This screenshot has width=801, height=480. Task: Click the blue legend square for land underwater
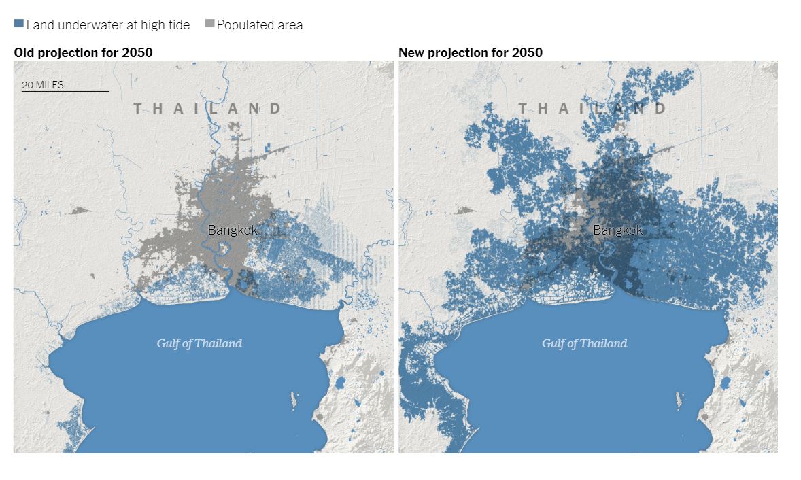[18, 24]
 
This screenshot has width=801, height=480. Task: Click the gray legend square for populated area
[209, 24]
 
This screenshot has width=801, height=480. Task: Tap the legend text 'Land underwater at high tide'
[107, 25]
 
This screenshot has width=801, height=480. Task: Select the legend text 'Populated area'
[260, 25]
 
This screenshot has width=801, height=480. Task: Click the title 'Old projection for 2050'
[83, 52]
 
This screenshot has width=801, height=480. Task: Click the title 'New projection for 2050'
[471, 52]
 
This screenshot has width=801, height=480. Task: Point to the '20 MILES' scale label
[43, 85]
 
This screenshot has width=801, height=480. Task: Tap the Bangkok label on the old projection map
[233, 230]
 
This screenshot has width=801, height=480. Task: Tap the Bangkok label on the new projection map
[618, 230]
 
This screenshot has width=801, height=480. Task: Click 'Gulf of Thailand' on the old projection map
[199, 343]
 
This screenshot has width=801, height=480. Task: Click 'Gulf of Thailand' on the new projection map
[584, 343]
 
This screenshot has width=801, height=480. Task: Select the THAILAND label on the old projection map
[207, 108]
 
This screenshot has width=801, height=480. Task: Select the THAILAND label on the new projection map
[592, 108]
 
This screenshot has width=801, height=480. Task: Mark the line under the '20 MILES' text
[65, 91]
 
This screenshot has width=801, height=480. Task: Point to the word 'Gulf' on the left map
[168, 343]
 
